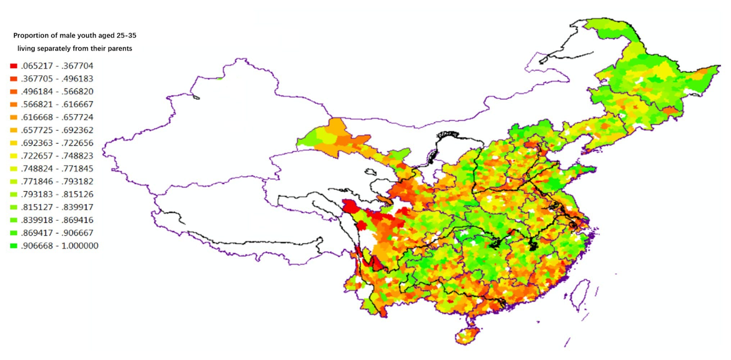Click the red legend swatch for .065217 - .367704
click(x=14, y=66)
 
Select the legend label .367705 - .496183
click(x=57, y=79)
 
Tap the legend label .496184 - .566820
click(x=57, y=92)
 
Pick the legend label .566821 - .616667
click(x=57, y=104)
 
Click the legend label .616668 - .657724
click(x=57, y=117)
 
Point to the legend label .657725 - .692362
click(x=57, y=130)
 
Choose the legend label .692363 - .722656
click(x=57, y=143)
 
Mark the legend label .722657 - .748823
click(x=57, y=156)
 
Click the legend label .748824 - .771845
click(x=57, y=169)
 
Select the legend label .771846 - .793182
click(x=57, y=182)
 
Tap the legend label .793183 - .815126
click(x=57, y=195)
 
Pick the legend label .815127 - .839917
click(x=57, y=207)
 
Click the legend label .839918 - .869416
click(x=57, y=220)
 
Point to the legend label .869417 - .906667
click(x=57, y=233)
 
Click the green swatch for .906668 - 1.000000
click(x=14, y=246)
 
